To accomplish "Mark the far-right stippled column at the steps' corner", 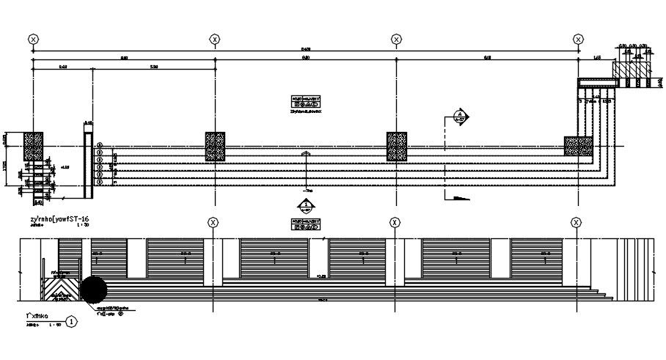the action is (x=579, y=146).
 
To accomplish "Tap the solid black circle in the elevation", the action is (x=93, y=290).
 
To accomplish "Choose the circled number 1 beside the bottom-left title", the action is (x=71, y=320).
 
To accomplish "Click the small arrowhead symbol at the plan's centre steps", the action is (x=306, y=153).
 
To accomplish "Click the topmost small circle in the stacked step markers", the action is (x=100, y=145).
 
